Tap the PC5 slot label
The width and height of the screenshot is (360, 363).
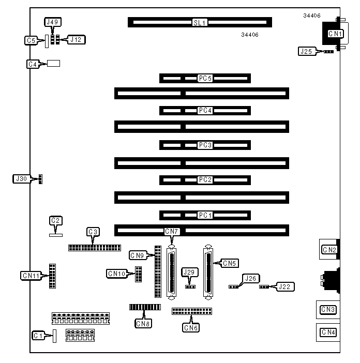205,79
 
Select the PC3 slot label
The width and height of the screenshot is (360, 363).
205,145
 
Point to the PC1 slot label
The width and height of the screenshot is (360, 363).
205,215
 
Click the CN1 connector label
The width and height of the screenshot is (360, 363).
335,34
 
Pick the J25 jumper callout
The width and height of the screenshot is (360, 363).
306,51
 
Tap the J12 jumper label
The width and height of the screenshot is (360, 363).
76,39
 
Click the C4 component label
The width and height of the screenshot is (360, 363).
33,64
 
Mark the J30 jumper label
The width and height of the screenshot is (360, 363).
20,179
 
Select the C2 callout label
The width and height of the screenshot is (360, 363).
55,220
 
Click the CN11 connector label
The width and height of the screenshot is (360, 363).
31,276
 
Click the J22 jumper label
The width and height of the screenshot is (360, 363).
284,286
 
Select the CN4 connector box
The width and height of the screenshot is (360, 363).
328,332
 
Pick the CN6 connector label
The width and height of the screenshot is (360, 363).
190,327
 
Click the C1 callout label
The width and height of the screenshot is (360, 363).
37,336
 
